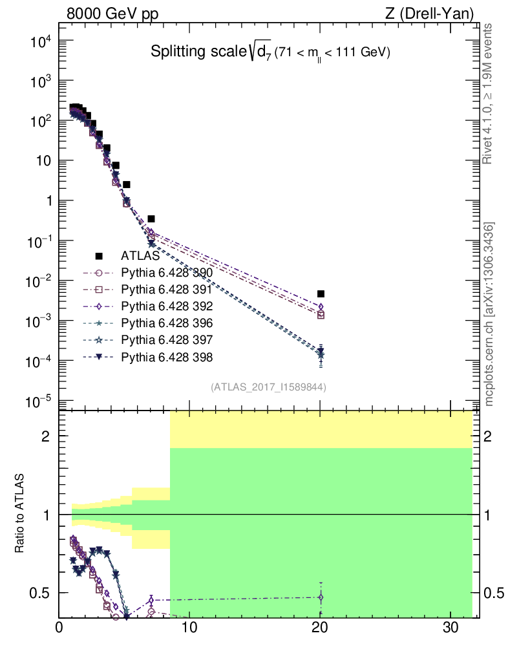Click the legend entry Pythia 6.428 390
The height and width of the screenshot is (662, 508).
[166, 273]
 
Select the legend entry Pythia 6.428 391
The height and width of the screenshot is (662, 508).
[166, 290]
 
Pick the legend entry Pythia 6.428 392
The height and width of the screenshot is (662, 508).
[166, 306]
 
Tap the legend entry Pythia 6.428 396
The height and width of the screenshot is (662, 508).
[166, 323]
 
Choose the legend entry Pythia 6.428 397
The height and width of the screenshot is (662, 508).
[166, 340]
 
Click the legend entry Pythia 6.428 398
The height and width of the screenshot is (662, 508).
[166, 357]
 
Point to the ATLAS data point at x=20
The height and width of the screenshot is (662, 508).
[321, 294]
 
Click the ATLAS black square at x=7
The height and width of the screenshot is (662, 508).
[151, 219]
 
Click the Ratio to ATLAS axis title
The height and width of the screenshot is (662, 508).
[20, 514]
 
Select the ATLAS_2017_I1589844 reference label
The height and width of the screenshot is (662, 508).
[268, 387]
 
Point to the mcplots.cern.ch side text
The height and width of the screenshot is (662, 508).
[490, 315]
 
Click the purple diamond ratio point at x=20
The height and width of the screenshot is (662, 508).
[321, 597]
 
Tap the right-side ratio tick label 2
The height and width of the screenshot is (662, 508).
[492, 436]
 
